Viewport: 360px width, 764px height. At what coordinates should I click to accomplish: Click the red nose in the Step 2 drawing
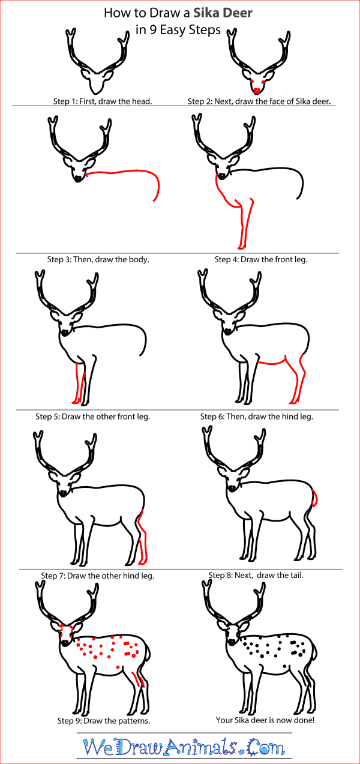coord(257,90)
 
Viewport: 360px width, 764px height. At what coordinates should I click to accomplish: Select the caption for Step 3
coord(98,259)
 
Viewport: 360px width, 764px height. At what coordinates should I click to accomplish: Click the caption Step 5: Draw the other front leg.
coord(92,416)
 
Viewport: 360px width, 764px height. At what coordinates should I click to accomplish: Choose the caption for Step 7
coord(98,576)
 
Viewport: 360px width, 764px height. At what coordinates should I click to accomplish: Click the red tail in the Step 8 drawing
coord(314,498)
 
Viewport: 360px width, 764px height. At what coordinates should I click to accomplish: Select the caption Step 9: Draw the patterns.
coord(103,720)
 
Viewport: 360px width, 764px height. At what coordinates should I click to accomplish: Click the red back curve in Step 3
coord(132,172)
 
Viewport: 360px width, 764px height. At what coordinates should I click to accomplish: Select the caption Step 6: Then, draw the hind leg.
coord(257,416)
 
